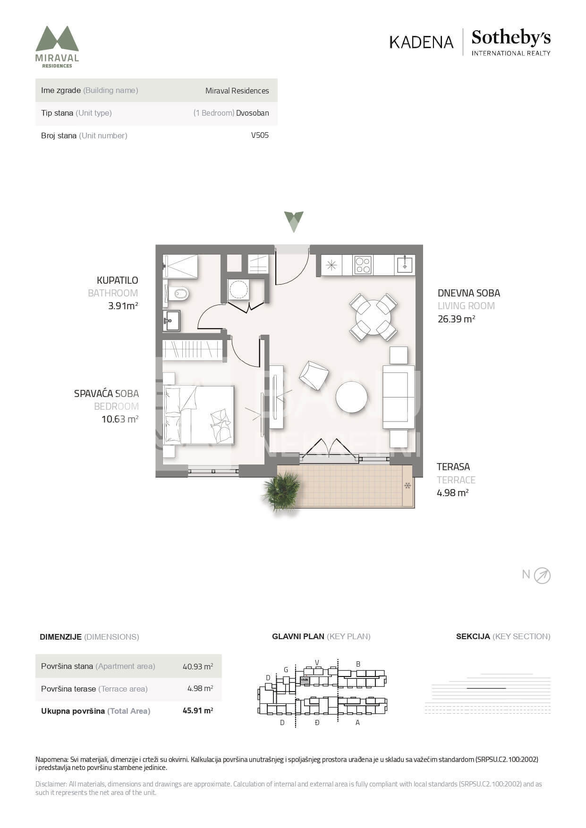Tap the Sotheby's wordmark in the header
[x=511, y=38]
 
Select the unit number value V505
[x=260, y=135]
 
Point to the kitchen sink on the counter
[x=405, y=265]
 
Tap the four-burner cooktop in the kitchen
[x=363, y=265]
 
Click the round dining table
[x=373, y=317]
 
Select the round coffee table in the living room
[x=351, y=397]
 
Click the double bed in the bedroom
[x=199, y=415]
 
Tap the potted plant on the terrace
[x=282, y=491]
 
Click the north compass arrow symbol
[x=542, y=575]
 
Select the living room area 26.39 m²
[x=456, y=319]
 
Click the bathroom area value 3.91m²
[x=123, y=305]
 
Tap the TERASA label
[x=453, y=467]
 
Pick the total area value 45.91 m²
[x=198, y=710]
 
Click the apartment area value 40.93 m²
[x=198, y=666]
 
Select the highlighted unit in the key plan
[x=305, y=680]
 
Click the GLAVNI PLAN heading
[x=298, y=636]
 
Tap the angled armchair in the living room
[x=314, y=375]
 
